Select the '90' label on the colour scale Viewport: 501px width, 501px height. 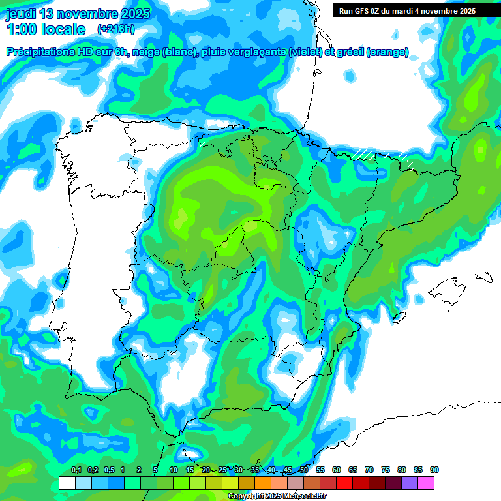[x=434, y=470]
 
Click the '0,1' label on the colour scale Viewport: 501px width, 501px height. [x=76, y=470]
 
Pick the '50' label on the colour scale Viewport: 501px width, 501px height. [x=304, y=470]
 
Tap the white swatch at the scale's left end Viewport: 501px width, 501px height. [x=67, y=483]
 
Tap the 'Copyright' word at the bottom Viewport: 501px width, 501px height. [x=246, y=496]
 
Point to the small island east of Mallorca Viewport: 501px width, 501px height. [x=482, y=276]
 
